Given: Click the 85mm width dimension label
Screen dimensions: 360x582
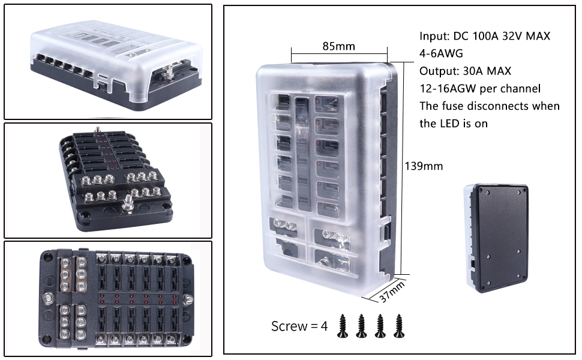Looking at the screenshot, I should click(x=338, y=46).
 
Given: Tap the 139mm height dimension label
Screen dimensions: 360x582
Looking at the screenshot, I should click(x=424, y=166).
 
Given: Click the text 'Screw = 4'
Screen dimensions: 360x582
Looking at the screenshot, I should click(x=299, y=326).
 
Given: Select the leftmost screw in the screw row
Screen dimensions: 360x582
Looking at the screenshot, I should click(x=342, y=325).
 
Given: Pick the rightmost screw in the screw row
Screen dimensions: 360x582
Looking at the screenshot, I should click(x=398, y=325).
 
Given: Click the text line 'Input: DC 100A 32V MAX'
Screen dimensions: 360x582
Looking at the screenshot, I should click(x=485, y=36).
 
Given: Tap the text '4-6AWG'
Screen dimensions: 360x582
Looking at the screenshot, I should click(x=441, y=53).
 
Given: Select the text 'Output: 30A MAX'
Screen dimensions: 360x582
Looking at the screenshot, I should click(x=466, y=71).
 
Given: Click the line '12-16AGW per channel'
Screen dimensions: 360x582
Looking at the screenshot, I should click(x=480, y=88).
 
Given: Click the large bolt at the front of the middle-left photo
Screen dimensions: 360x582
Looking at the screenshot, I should click(x=128, y=206).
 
